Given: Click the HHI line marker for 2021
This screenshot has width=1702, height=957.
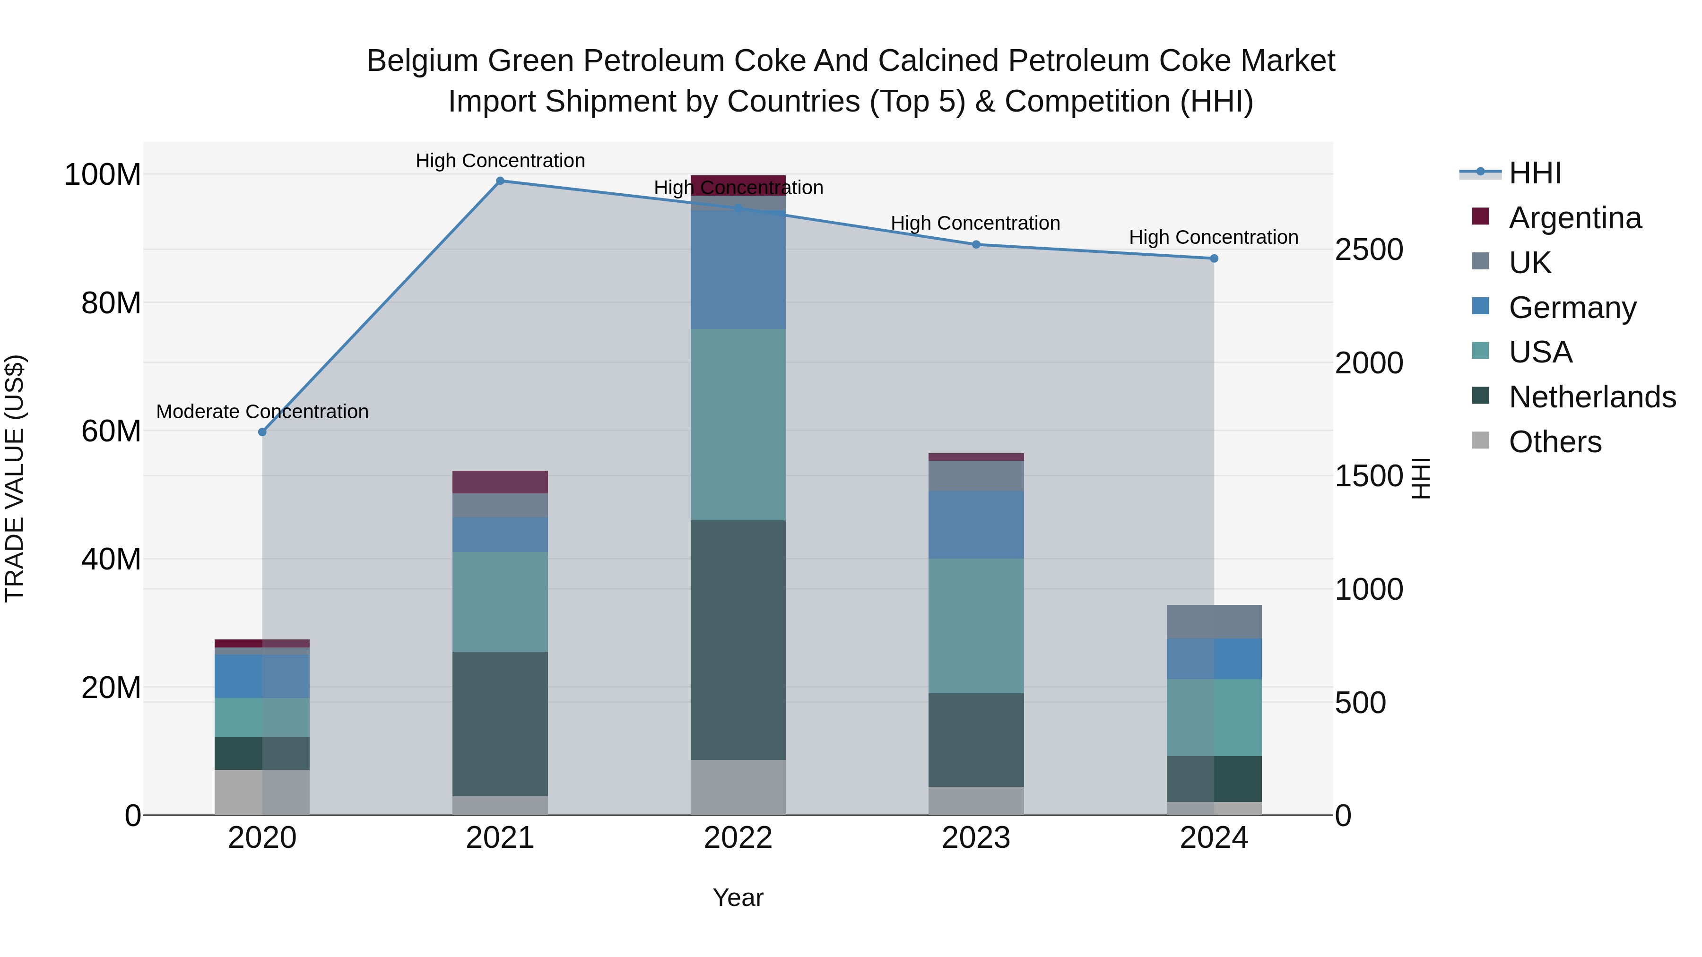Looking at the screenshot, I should click(500, 181).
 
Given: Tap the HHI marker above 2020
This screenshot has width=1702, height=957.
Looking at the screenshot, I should click(262, 432).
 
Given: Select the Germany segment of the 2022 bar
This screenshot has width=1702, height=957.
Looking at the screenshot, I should click(738, 269).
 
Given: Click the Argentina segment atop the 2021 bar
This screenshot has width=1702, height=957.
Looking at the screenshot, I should click(500, 482).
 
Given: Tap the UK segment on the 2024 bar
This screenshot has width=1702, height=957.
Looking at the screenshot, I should click(1214, 621).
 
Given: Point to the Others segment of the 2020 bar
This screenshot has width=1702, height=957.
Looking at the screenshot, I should click(262, 792).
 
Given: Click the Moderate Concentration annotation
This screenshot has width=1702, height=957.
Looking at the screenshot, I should click(262, 412).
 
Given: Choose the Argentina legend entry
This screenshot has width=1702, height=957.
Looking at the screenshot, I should click(1574, 218).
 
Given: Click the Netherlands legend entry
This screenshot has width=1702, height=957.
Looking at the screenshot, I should click(1592, 397).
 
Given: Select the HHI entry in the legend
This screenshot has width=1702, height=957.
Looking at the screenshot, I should click(1535, 173).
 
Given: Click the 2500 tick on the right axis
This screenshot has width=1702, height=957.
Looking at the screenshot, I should click(1369, 250).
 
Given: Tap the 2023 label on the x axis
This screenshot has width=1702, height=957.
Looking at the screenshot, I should click(976, 838).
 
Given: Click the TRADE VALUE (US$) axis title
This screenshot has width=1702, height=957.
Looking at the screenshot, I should click(15, 478).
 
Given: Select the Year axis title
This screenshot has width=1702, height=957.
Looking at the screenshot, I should click(738, 897).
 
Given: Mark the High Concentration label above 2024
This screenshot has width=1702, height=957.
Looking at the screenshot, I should click(1214, 237).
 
